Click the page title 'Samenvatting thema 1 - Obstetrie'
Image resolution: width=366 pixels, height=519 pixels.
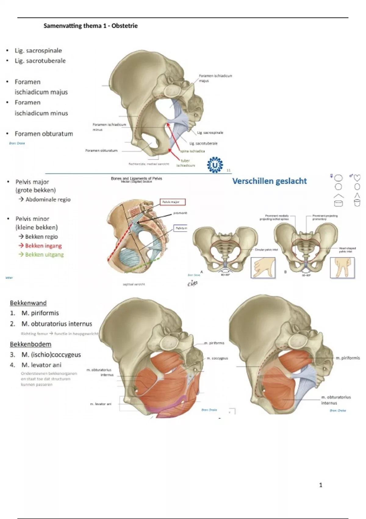(91, 26)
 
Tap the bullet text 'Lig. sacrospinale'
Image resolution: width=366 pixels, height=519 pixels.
(38, 51)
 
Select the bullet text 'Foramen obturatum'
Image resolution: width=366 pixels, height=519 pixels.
(44, 134)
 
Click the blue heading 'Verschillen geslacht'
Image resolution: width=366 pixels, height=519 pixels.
(269, 181)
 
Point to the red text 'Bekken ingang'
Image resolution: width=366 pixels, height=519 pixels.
(43, 246)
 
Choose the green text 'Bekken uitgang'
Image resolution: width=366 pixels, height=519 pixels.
(44, 255)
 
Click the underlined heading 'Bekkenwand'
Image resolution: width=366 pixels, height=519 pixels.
(28, 303)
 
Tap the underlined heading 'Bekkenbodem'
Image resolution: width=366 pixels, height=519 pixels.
(30, 344)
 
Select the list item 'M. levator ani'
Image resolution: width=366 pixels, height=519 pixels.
(41, 365)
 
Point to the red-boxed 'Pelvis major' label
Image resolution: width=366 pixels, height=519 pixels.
(172, 202)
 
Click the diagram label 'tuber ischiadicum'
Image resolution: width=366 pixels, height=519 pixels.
(185, 163)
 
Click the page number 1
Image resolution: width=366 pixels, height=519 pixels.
(321, 485)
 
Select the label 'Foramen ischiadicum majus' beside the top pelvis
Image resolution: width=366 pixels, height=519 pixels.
(215, 78)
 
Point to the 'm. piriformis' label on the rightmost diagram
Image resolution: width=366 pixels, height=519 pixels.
(347, 358)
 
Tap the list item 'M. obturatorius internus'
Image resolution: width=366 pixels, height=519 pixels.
(56, 324)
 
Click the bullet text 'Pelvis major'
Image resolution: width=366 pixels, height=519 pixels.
(32, 182)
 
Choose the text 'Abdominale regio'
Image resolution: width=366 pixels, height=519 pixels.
(48, 200)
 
